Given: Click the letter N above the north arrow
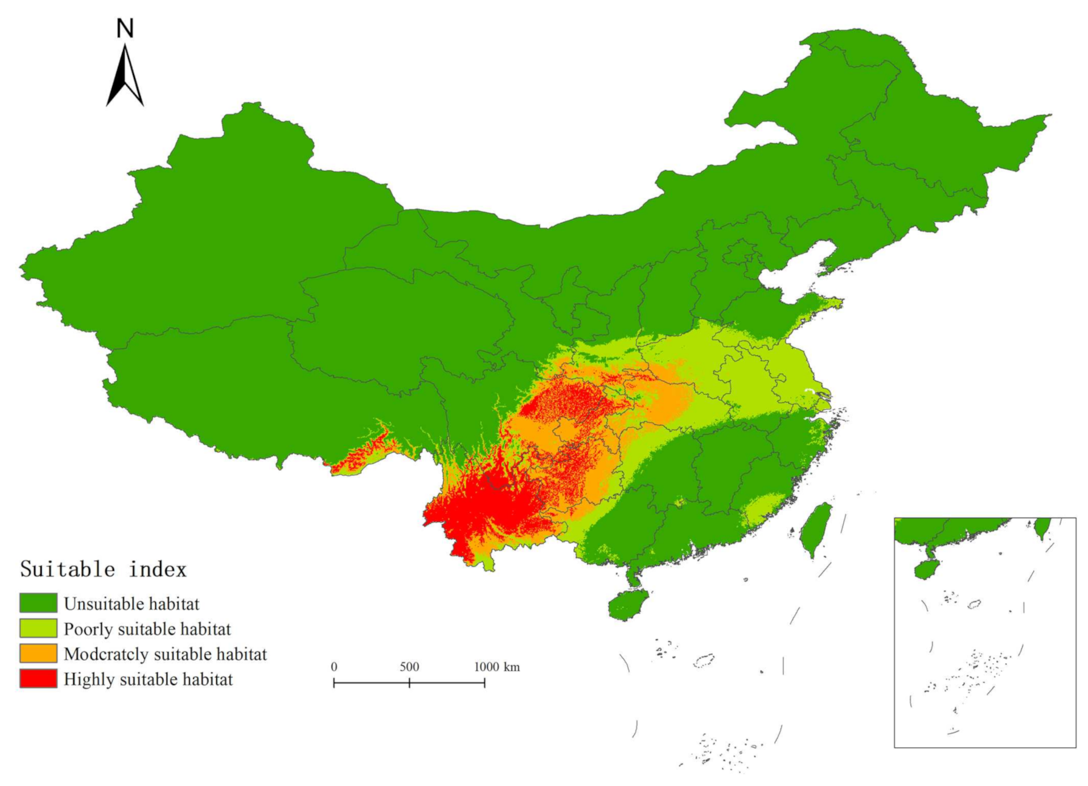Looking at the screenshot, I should tap(125, 28).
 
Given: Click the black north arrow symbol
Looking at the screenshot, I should tap(125, 78).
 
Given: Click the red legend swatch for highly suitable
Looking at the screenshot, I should tap(38, 679).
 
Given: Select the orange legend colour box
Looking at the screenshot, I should tap(38, 653).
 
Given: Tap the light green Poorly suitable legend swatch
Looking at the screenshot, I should tap(38, 628).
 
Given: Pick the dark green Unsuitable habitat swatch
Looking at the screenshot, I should tap(38, 603).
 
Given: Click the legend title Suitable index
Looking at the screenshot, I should tap(103, 569).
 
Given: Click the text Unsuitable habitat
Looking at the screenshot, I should tap(132, 604).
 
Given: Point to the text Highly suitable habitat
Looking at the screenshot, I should tap(148, 679).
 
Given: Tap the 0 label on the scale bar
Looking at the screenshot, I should tap(334, 667).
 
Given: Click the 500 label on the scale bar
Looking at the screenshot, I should tap(409, 667).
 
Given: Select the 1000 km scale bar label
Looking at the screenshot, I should tap(496, 667).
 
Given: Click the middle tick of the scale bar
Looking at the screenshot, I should tap(409, 683).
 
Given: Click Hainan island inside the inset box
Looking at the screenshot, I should tap(926, 569).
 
